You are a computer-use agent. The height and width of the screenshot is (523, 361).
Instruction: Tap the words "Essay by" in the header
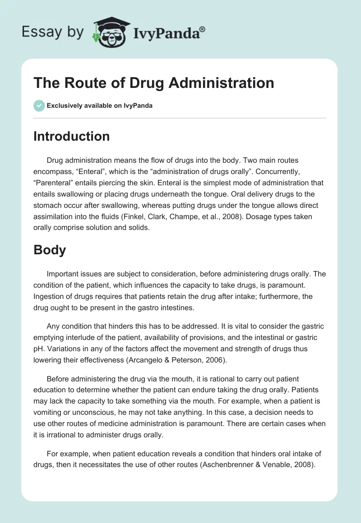click(52, 32)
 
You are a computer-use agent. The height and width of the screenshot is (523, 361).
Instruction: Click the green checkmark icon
click(39, 106)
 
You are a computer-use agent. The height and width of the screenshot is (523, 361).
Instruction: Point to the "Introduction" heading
click(71, 136)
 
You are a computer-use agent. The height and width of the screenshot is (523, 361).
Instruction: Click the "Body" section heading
click(50, 250)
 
